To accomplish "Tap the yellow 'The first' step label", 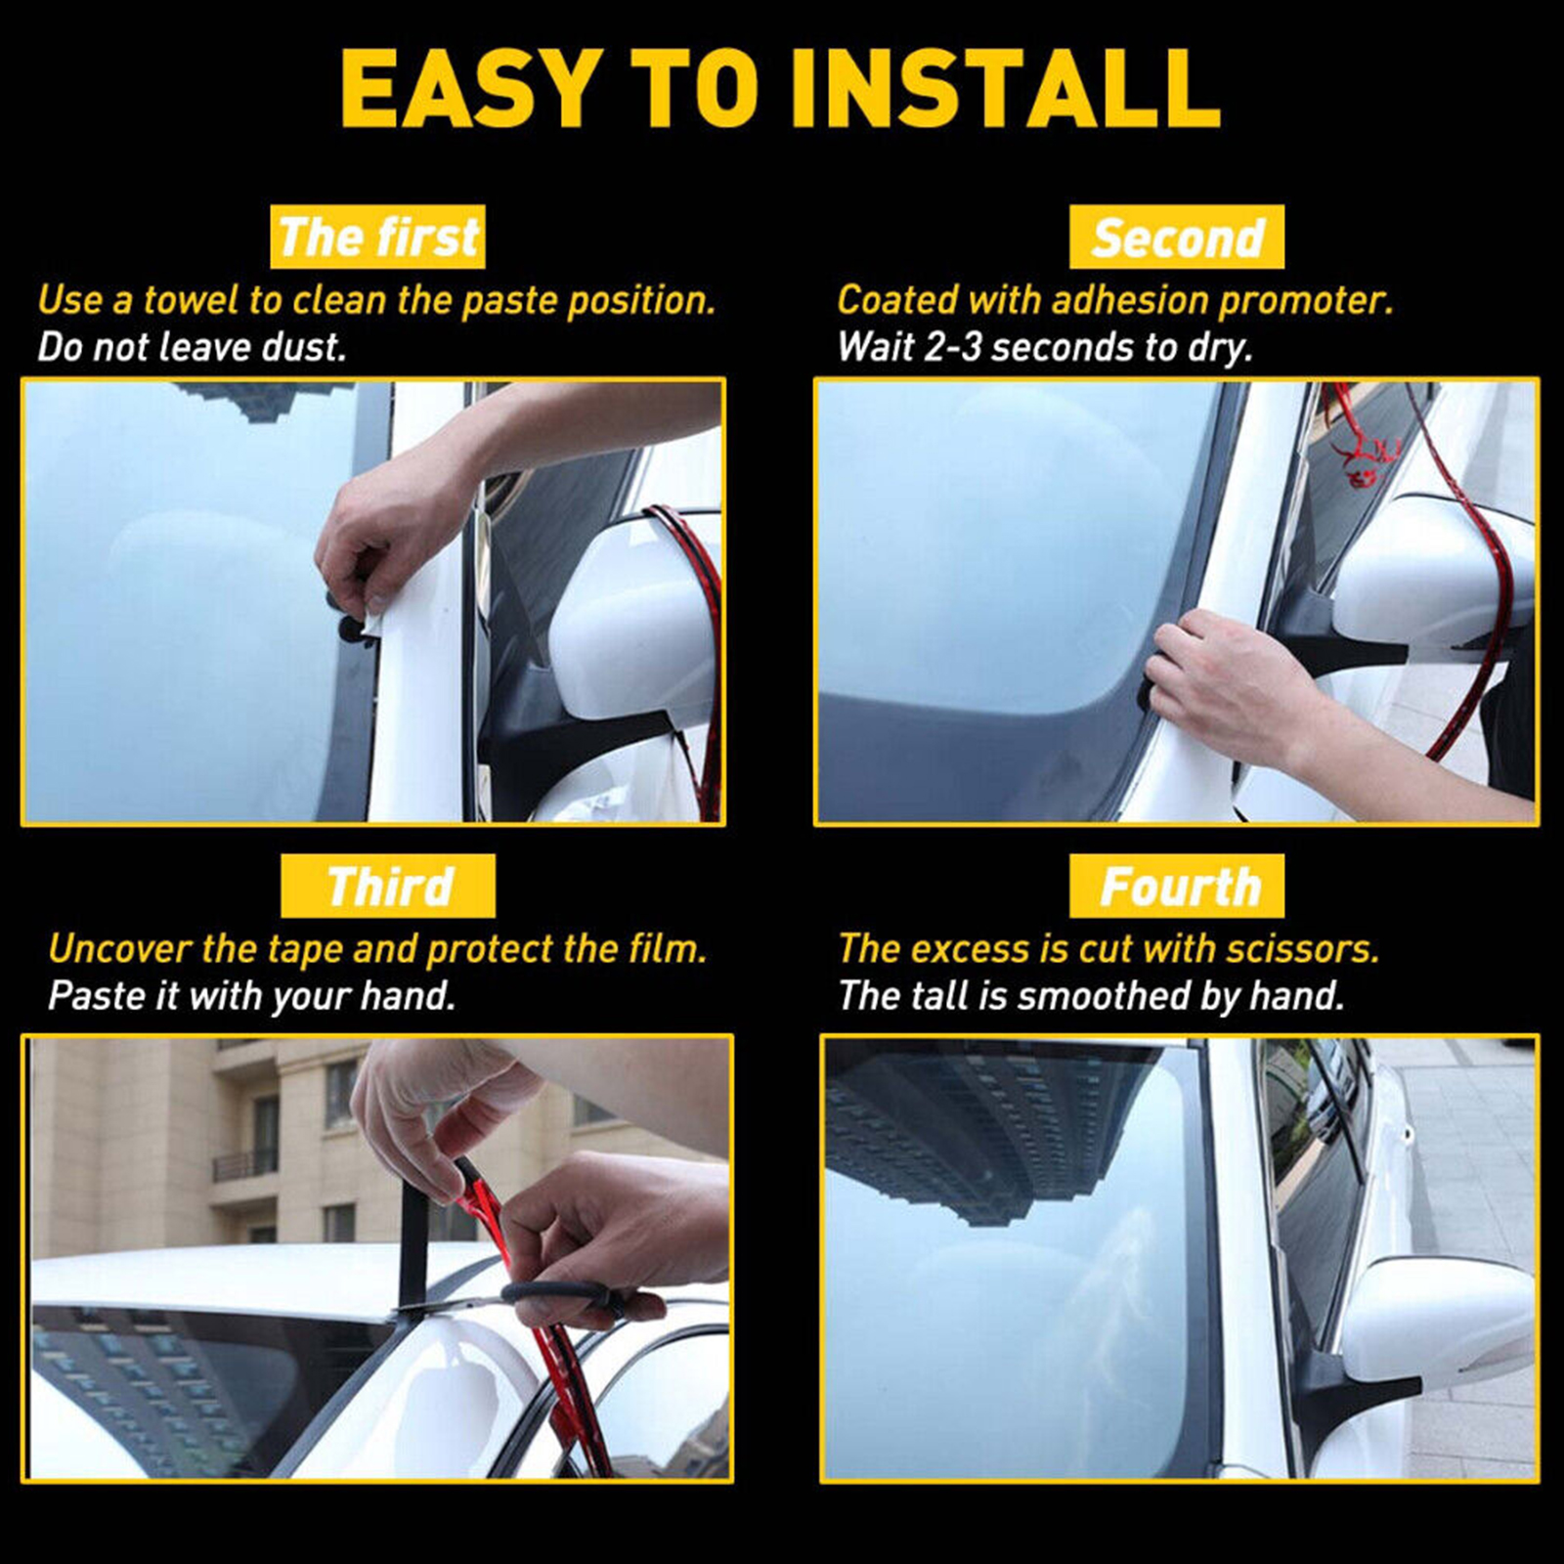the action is click(377, 237).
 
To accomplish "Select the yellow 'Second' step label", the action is click(1177, 237).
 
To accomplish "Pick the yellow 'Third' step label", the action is click(388, 886).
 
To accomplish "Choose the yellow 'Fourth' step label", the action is click(1177, 886).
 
